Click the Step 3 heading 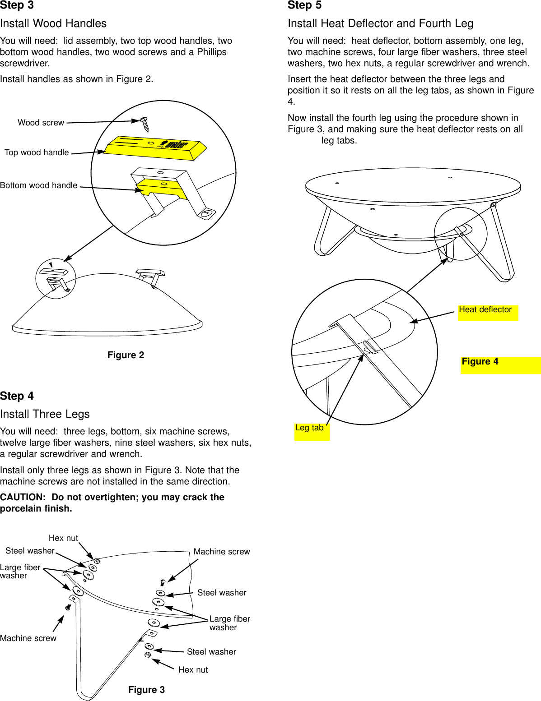tap(17, 5)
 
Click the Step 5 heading tap(304, 5)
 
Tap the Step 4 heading tap(17, 396)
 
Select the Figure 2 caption tap(126, 355)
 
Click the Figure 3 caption tap(146, 689)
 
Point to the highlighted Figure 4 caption tap(480, 361)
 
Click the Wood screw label tap(41, 123)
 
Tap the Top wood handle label tap(37, 152)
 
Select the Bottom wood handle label tap(38, 185)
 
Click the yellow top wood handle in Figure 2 tap(154, 148)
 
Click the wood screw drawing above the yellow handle tap(145, 124)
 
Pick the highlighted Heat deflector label tap(485, 310)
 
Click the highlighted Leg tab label tap(309, 428)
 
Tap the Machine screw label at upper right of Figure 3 tap(221, 552)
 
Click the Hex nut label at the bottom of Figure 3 tap(193, 670)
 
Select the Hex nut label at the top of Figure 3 tap(63, 538)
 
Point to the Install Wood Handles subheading tap(53, 23)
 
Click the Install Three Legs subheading tap(45, 414)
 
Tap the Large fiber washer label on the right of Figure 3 tap(229, 623)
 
